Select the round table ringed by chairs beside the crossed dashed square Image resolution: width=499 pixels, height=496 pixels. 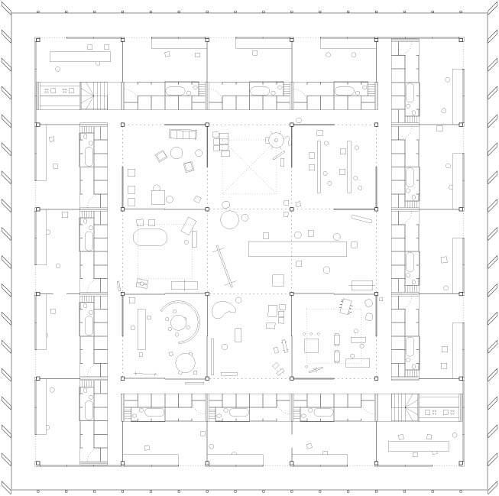tap(274, 140)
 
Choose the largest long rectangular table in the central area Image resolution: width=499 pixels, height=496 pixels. tap(294, 249)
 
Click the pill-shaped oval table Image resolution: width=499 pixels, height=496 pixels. tap(150, 236)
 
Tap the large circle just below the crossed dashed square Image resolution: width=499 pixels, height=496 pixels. tap(230, 220)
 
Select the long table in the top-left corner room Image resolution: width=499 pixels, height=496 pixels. tap(80, 56)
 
